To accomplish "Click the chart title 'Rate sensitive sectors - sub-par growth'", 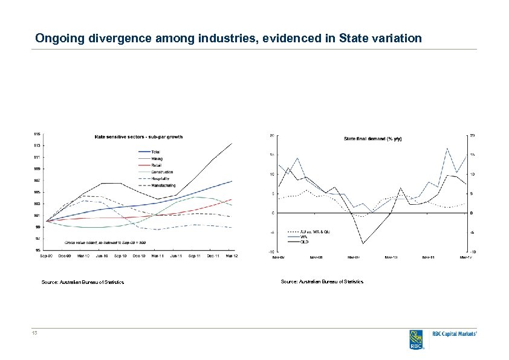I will point(138,137).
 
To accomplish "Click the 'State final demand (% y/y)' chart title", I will point(372,139).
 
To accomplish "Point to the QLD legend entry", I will point(305,242).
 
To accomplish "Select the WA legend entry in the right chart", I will point(303,237).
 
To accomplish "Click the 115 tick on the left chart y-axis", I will point(37,133).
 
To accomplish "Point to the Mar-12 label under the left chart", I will point(232,256).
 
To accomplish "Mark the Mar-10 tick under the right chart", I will point(392,257).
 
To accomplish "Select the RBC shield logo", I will point(417,339).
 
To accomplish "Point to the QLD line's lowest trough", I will point(363,243).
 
